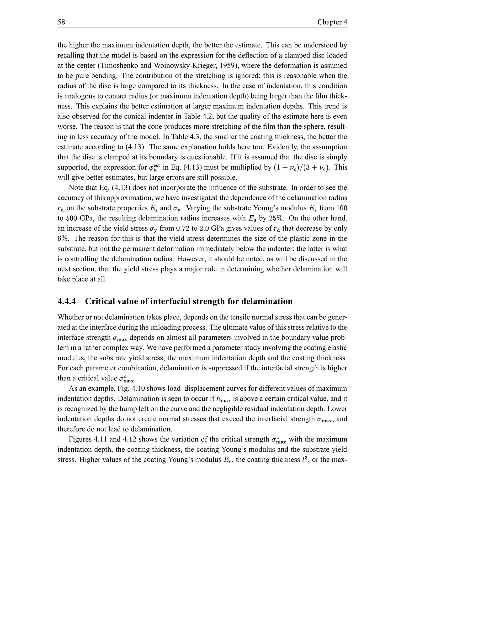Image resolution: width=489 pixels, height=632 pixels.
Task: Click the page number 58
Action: [61, 22]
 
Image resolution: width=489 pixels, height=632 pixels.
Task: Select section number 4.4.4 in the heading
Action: [67, 301]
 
